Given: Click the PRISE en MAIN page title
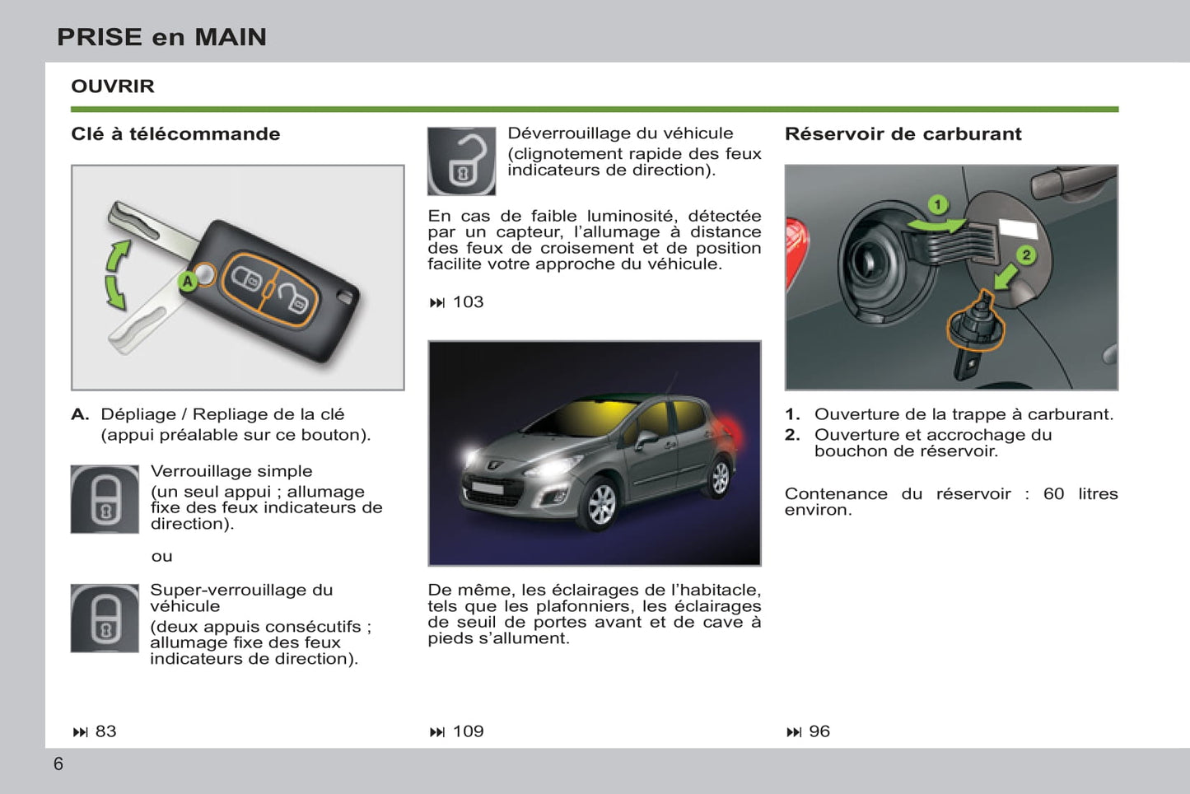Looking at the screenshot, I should pos(161,37).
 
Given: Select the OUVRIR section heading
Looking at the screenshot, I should pos(113,86).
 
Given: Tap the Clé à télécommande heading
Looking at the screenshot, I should pos(175,134).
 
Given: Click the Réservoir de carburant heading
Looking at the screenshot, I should pos(903,134).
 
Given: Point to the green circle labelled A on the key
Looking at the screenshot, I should pos(188,282).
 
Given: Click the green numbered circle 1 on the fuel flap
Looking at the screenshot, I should pos(937,204).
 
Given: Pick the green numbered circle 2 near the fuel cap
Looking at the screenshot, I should pos(1025,255).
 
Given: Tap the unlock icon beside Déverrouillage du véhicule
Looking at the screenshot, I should pos(461,161).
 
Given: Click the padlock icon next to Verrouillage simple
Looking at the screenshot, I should pos(105,499).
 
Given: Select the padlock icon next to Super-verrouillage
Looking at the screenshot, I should pos(105,619).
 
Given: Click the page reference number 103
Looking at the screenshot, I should pos(468,302).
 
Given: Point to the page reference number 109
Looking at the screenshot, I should pos(468,731).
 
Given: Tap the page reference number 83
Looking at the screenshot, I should pos(105,731).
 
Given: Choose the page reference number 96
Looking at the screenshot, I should pos(819,731).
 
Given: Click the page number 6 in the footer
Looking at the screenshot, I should pos(58,764).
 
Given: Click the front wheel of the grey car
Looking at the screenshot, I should pos(601,503).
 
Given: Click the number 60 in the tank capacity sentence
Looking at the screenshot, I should pos(1053,494).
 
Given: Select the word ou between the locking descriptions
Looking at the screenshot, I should pos(162,557).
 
